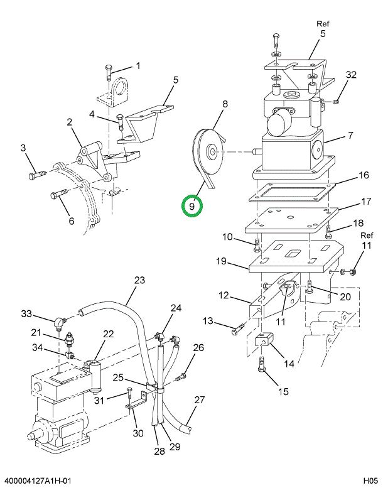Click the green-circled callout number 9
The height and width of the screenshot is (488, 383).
(192, 205)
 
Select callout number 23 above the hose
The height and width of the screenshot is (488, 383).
(139, 279)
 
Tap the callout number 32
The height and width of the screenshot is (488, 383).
(351, 74)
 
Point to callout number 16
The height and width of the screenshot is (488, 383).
(364, 175)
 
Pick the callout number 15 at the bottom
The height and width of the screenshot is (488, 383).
(283, 391)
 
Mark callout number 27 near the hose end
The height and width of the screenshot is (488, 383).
(199, 399)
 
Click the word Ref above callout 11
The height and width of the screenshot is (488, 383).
(367, 236)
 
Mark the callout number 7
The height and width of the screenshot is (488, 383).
(350, 136)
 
